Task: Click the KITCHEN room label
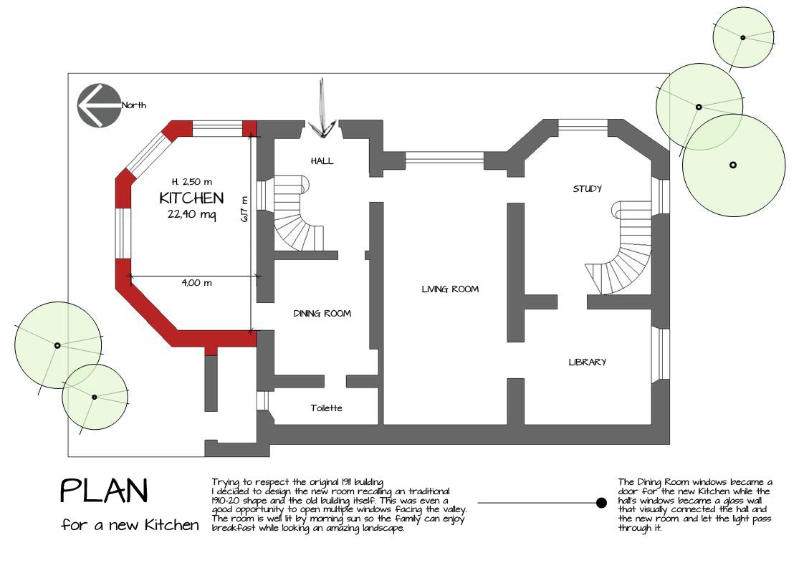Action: coord(191,198)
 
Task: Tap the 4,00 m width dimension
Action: coord(196,282)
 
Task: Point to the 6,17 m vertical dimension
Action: coord(244,208)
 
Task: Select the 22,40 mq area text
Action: coord(191,214)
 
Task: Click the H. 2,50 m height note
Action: coord(192,181)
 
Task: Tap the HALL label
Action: coord(322,161)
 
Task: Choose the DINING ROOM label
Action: coord(322,313)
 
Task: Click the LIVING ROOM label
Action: coord(450,289)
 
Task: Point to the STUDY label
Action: coord(587,188)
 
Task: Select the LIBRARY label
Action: coord(587,362)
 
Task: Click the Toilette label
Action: coord(326,408)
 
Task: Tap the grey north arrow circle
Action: coord(99,105)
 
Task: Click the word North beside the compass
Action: coord(134,105)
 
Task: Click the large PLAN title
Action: coord(104,491)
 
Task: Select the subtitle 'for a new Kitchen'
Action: coord(130,525)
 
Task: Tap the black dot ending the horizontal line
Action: coord(601,503)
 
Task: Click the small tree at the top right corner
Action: coord(743,38)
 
